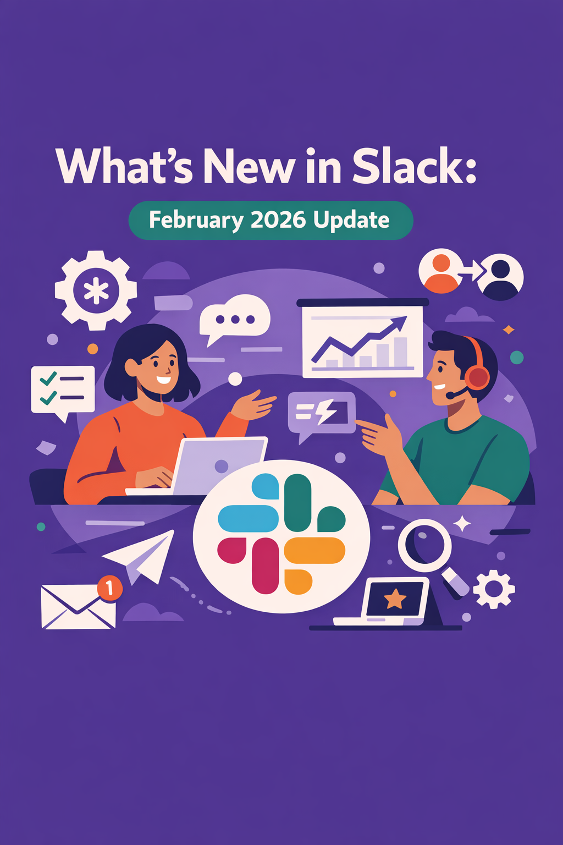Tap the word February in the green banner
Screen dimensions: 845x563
point(196,220)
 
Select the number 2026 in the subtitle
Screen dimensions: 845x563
point(278,220)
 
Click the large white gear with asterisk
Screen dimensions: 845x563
point(96,290)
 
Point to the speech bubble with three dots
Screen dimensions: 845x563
point(235,319)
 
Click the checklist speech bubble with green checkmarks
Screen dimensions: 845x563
point(63,389)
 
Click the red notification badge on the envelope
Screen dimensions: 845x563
point(109,588)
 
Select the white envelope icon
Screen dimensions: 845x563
point(77,607)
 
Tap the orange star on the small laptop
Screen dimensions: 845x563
point(395,599)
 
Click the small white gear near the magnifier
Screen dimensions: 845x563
point(494,589)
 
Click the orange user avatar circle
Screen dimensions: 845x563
point(441,272)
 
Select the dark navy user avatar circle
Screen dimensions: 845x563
point(500,277)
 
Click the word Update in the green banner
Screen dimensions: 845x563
point(351,220)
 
